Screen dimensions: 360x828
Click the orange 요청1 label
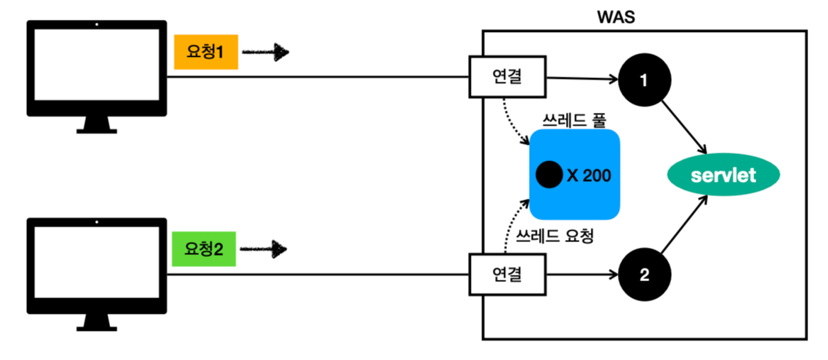click(205, 53)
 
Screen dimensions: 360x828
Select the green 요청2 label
click(203, 249)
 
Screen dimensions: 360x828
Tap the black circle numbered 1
click(644, 81)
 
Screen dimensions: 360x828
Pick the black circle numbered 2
click(644, 275)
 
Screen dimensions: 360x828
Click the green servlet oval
click(724, 175)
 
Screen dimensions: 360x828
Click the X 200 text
click(589, 175)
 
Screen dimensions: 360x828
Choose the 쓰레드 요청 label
click(555, 236)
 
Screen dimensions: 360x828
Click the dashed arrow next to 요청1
click(266, 53)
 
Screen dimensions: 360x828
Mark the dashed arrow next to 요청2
click(263, 249)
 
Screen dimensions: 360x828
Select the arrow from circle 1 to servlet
click(684, 126)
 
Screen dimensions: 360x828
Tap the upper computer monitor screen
click(97, 66)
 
